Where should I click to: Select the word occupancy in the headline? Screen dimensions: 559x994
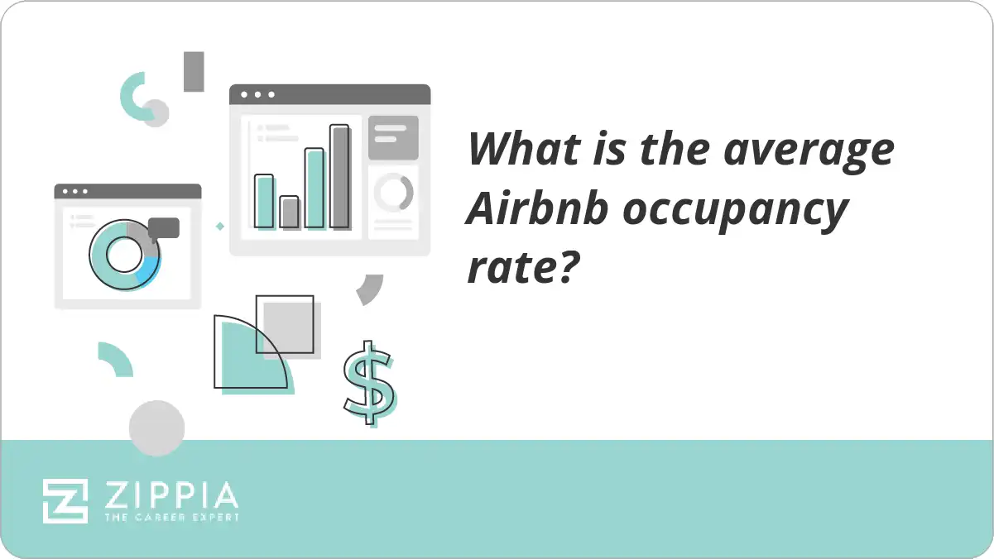click(x=736, y=213)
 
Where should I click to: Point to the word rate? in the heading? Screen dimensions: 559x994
click(x=521, y=268)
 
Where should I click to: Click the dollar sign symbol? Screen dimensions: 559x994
click(x=368, y=382)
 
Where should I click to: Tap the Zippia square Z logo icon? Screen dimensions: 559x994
click(x=65, y=500)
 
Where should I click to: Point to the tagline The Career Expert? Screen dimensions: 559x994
click(x=170, y=518)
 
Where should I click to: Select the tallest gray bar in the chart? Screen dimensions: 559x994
click(x=339, y=176)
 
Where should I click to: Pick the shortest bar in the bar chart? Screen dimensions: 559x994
click(x=289, y=212)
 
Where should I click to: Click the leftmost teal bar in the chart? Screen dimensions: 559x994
click(x=264, y=201)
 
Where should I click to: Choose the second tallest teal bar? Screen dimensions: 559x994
click(x=315, y=188)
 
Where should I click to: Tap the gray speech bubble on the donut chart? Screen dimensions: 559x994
click(x=164, y=227)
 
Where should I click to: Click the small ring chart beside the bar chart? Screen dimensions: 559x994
click(x=393, y=193)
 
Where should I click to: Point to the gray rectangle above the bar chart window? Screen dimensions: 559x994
click(x=194, y=71)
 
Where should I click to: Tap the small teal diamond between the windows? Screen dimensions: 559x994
click(x=219, y=226)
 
